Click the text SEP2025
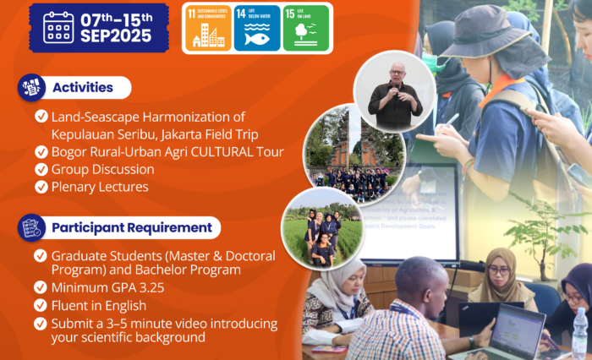117,35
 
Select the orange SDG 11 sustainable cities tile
207,28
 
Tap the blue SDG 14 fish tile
257,28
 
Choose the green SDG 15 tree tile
306,28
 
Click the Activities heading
82,88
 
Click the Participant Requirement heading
131,227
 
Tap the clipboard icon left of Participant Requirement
30,227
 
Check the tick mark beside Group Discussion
41,169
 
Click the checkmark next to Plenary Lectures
41,187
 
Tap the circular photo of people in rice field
323,227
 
